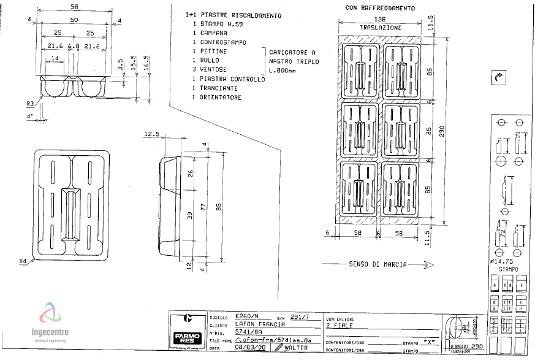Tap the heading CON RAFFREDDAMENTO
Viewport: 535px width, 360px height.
coord(380,9)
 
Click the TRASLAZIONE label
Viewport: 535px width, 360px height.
coord(381,28)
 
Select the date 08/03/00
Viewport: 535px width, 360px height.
coord(251,348)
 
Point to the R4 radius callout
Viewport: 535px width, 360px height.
coord(23,261)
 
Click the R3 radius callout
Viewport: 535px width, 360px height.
coord(29,103)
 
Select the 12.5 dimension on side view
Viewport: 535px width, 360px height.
coord(152,134)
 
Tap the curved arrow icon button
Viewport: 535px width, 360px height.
coord(498,78)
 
